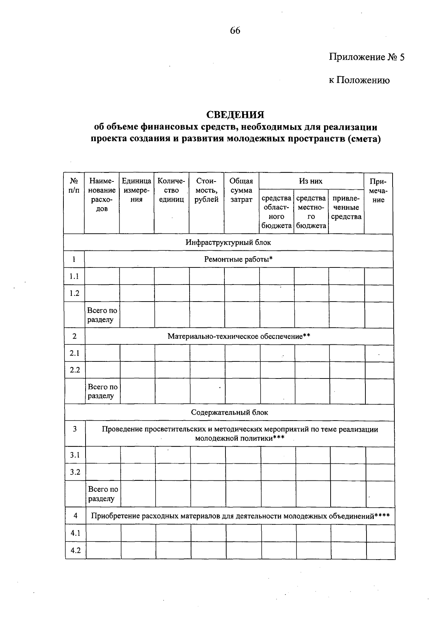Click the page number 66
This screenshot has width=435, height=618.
coord(235,31)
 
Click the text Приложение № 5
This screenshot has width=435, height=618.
coord(366,57)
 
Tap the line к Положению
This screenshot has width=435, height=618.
coord(359,80)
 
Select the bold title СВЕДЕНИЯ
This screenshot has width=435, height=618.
coord(235,115)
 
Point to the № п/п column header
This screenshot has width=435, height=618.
coord(74,185)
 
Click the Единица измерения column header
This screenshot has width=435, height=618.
coord(136,190)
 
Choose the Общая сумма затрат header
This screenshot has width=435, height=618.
coord(241,190)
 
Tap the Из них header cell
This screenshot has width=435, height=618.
coord(311,181)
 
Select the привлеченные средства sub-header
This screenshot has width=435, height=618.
coord(346,208)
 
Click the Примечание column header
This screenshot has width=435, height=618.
coord(378,190)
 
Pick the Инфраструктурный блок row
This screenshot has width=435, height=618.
coord(228,242)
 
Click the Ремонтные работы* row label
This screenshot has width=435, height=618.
coord(238,259)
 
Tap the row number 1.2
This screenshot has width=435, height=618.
coord(74,293)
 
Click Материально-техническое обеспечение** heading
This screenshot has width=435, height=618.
coord(239,336)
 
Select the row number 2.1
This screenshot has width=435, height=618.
coord(75,353)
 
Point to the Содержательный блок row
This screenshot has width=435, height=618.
coord(229,413)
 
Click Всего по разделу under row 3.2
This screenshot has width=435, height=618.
coord(103,494)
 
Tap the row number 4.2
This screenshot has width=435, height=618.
coord(75,551)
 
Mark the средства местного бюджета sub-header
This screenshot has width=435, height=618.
coord(311,212)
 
